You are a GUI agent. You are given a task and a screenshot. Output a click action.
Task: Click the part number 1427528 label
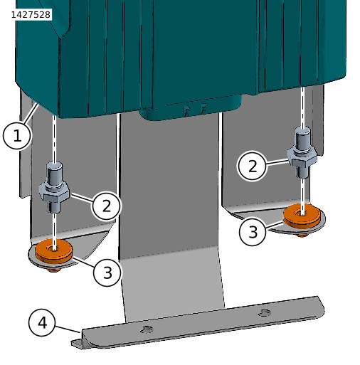tap(31, 15)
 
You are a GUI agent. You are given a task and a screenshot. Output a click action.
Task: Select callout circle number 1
tap(17, 136)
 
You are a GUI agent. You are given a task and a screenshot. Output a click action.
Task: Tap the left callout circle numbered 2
tap(107, 206)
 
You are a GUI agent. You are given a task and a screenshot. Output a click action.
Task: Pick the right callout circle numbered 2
tap(252, 166)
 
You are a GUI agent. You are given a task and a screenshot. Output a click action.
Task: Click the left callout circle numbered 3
tap(107, 272)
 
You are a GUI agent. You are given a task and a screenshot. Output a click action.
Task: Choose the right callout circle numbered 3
tap(253, 231)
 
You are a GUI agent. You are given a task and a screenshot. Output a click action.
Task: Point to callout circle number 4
tap(42, 322)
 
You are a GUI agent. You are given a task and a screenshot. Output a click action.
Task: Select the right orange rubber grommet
tap(302, 216)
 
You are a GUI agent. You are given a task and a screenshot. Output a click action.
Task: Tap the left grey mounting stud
tap(55, 187)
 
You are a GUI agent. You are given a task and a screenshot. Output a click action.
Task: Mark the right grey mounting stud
tap(302, 152)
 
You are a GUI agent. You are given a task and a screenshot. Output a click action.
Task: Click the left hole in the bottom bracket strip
tap(147, 329)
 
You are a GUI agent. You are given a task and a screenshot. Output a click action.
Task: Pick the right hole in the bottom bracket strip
tap(265, 313)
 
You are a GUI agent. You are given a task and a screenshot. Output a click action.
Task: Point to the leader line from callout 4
tap(68, 329)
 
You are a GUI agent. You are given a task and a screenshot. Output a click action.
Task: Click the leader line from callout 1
tap(31, 113)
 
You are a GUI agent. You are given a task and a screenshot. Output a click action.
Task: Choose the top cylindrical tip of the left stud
tap(55, 174)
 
